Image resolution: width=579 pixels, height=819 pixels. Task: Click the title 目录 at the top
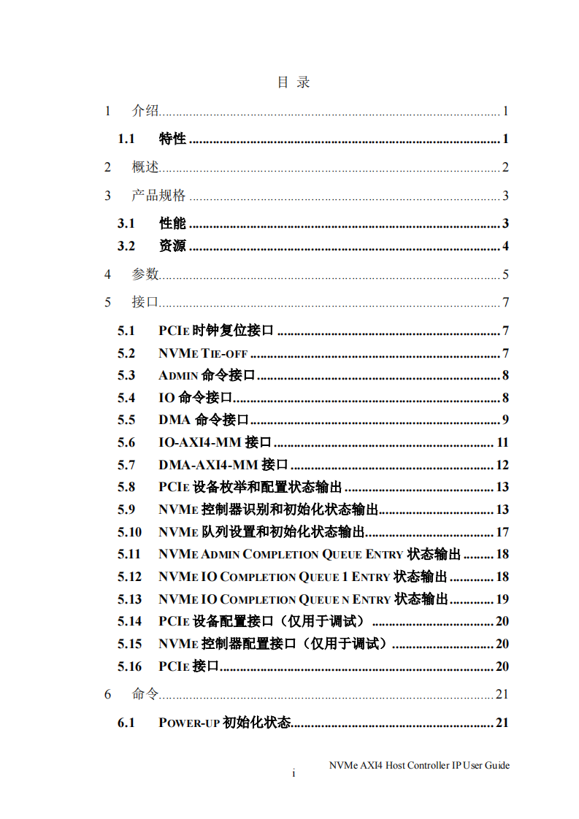[294, 82]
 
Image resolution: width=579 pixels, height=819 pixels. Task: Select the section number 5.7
[126, 465]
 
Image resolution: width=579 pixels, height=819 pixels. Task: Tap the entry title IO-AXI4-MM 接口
[215, 442]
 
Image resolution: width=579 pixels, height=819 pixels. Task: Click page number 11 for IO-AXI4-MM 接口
[502, 442]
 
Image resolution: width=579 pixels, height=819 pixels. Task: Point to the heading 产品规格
[158, 196]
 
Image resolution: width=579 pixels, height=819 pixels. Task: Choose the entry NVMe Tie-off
[203, 354]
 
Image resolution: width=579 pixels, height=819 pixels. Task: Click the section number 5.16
[129, 666]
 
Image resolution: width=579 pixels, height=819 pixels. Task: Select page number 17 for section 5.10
[502, 532]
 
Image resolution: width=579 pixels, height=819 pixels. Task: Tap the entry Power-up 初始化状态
[224, 723]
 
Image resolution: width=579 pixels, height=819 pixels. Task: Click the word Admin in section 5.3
[178, 376]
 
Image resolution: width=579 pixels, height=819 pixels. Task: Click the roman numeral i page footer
[294, 774]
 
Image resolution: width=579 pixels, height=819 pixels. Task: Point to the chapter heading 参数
[145, 274]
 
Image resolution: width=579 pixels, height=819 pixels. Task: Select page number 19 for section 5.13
[502, 599]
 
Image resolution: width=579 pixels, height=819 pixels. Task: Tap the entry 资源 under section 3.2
[172, 246]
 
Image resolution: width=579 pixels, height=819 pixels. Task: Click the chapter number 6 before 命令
[107, 694]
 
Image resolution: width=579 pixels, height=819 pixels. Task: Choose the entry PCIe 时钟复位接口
[216, 331]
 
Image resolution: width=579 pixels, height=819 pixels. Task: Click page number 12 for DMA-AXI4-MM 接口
[502, 465]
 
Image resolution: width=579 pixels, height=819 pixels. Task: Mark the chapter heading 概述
[145, 167]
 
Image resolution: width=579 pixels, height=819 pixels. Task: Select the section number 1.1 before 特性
[126, 139]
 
